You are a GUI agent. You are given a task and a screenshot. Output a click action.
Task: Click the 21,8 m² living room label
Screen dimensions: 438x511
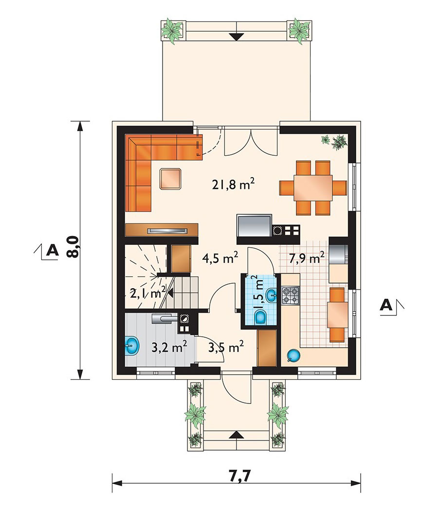click(233, 185)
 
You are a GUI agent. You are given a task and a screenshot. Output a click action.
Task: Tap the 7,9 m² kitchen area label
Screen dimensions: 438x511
click(307, 258)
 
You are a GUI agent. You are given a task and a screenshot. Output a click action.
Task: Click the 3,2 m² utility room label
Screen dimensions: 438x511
click(169, 348)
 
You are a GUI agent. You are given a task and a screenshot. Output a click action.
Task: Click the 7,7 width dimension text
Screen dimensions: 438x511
click(241, 485)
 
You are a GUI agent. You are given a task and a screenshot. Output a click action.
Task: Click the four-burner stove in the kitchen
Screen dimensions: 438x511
click(290, 295)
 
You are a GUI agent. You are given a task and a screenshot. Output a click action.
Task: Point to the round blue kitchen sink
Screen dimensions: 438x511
click(293, 355)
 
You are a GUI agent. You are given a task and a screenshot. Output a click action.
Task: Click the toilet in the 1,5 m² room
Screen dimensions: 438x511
click(261, 317)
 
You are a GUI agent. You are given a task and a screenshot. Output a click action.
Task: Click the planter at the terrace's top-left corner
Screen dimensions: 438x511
click(174, 30)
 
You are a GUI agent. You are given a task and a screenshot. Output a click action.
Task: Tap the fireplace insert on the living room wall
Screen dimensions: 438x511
click(168, 231)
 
